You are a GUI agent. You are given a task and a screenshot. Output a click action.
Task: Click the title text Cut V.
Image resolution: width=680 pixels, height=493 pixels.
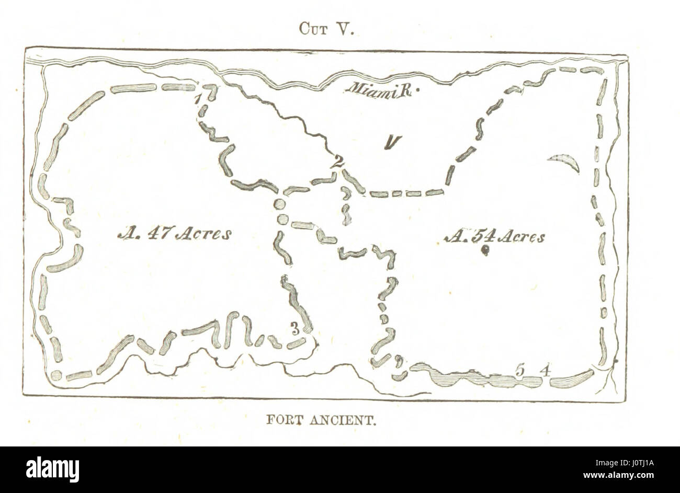[x=327, y=29]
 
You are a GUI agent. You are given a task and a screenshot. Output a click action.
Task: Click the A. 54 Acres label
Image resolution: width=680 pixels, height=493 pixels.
[x=494, y=237]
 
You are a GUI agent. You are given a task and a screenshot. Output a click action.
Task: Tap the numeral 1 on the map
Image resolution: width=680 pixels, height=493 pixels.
[x=197, y=98]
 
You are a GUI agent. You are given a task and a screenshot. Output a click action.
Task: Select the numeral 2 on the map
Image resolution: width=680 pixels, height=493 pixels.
[x=338, y=162]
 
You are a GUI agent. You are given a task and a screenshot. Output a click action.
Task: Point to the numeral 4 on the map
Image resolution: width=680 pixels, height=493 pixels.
[x=545, y=371]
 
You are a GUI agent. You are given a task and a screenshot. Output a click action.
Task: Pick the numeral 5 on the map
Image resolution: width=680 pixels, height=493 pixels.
[x=519, y=370]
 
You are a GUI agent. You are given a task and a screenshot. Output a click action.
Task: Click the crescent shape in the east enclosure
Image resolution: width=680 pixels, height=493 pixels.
[x=566, y=162]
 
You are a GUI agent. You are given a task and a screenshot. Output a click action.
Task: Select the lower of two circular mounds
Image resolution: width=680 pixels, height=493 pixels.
[x=283, y=220]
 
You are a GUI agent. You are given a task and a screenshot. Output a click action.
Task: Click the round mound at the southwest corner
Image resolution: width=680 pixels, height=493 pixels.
[x=56, y=375]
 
